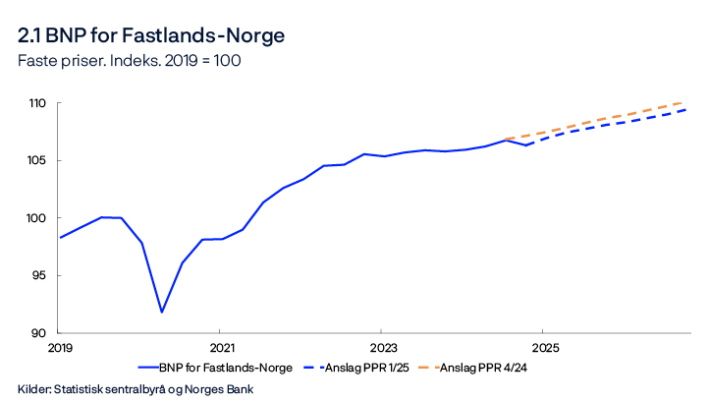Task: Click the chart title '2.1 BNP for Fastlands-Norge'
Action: (x=151, y=36)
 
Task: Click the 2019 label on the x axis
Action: (x=60, y=348)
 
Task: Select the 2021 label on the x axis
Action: (x=222, y=348)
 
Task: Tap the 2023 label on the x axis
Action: (x=383, y=348)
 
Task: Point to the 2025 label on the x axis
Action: (x=545, y=348)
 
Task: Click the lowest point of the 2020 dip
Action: (x=162, y=312)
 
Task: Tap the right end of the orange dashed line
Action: (x=685, y=101)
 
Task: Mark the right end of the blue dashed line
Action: (x=685, y=109)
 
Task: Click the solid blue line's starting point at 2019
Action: (x=60, y=237)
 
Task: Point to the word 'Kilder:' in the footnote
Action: (x=35, y=387)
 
